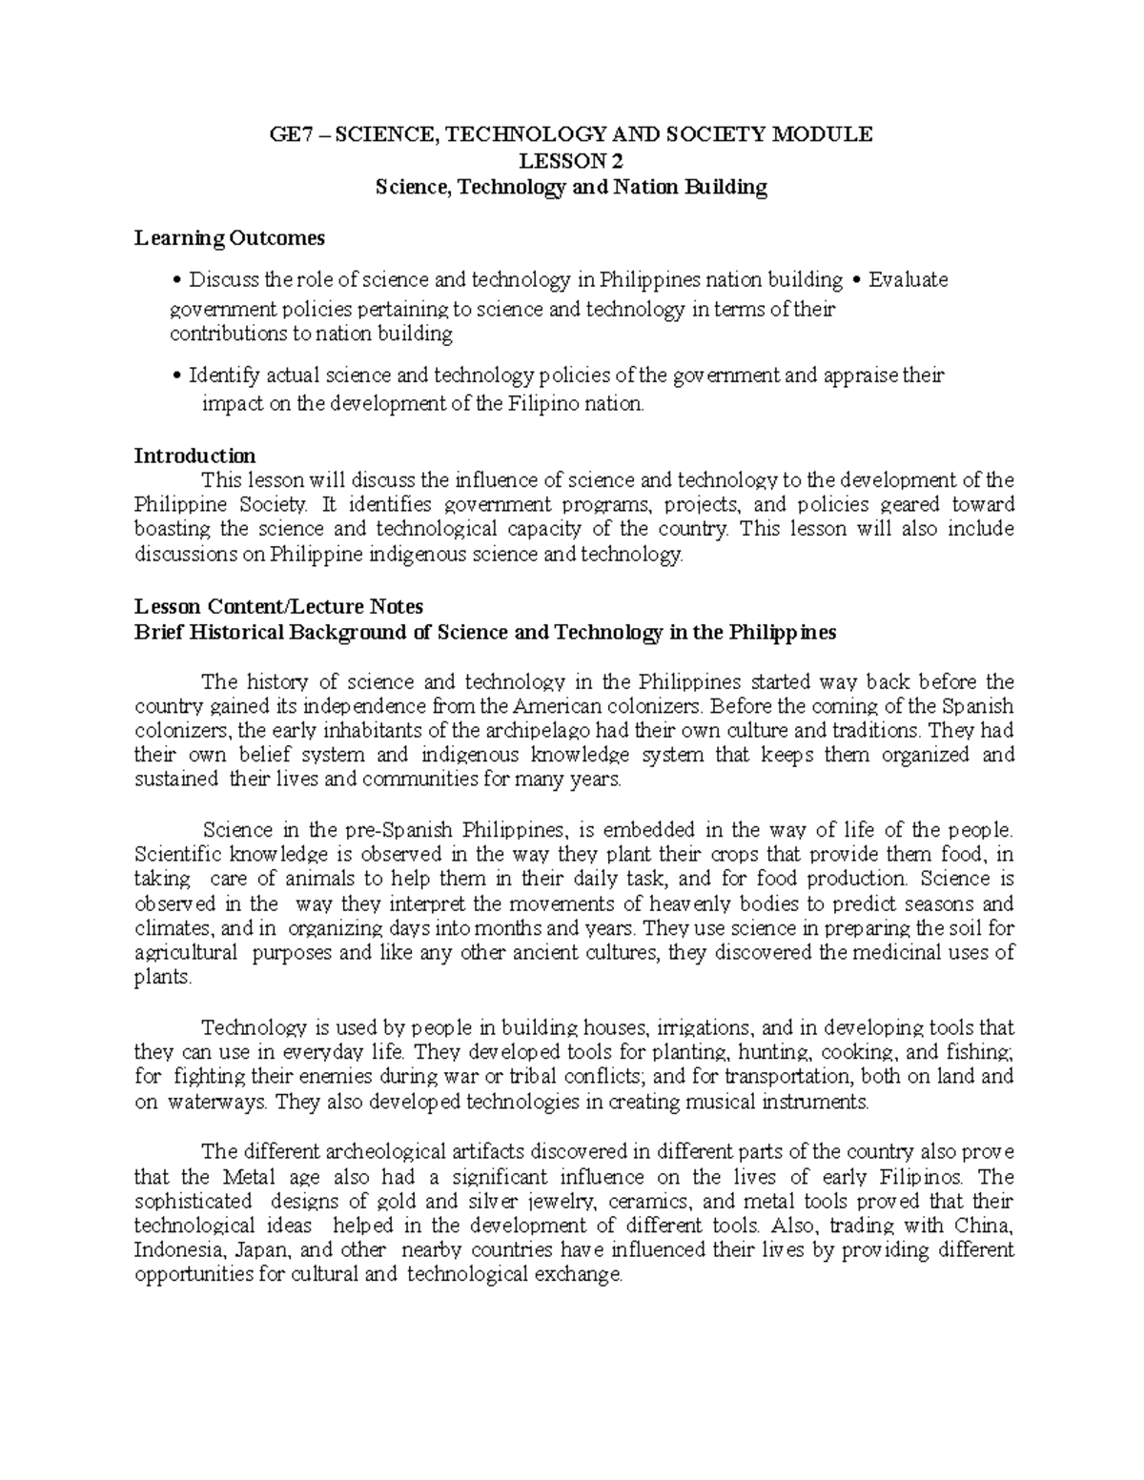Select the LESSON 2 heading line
pos(570,160)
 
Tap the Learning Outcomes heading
pos(230,237)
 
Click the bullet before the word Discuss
pos(178,280)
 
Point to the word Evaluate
pos(909,280)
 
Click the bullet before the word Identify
pos(178,375)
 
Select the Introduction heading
pos(194,456)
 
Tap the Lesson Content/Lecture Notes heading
pos(278,606)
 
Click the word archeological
pos(377,1151)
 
